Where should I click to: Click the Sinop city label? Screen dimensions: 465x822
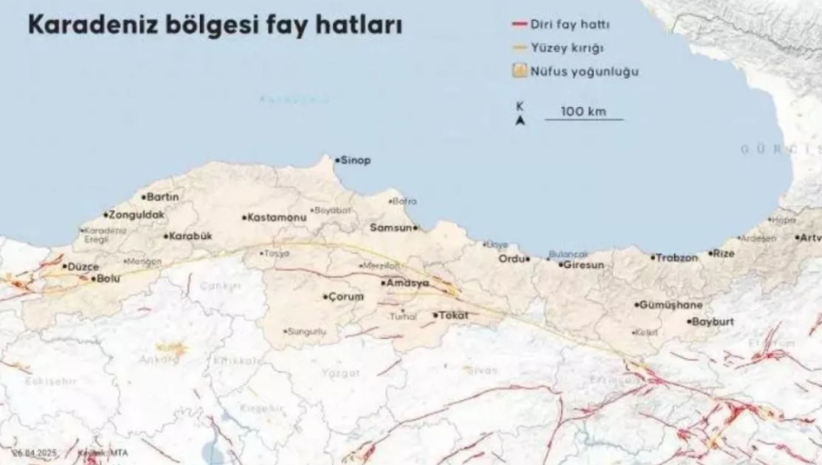pyautogui.click(x=356, y=161)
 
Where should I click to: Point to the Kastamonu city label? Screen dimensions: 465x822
pyautogui.click(x=277, y=217)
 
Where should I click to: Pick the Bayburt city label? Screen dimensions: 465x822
pyautogui.click(x=713, y=322)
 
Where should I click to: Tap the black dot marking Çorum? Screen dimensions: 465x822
pyautogui.click(x=325, y=297)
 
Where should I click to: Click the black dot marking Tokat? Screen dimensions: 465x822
pyautogui.click(x=435, y=315)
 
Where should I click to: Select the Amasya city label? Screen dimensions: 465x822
pyautogui.click(x=407, y=283)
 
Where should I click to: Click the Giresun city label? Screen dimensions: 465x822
pyautogui.click(x=584, y=265)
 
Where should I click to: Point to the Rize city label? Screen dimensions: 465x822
pyautogui.click(x=723, y=254)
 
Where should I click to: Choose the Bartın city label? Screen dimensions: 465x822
pyautogui.click(x=163, y=197)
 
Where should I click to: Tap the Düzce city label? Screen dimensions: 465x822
pyautogui.click(x=83, y=267)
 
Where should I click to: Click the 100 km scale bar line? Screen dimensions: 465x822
pyautogui.click(x=584, y=120)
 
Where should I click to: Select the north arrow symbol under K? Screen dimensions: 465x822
pyautogui.click(x=520, y=121)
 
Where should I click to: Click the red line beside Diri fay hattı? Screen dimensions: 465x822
pyautogui.click(x=519, y=24)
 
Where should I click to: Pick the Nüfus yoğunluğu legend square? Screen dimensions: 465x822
pyautogui.click(x=519, y=72)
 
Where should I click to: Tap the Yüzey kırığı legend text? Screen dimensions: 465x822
pyautogui.click(x=567, y=48)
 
